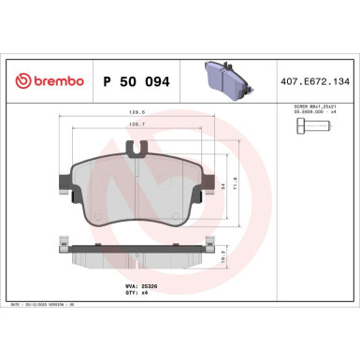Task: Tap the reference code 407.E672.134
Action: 313,82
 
